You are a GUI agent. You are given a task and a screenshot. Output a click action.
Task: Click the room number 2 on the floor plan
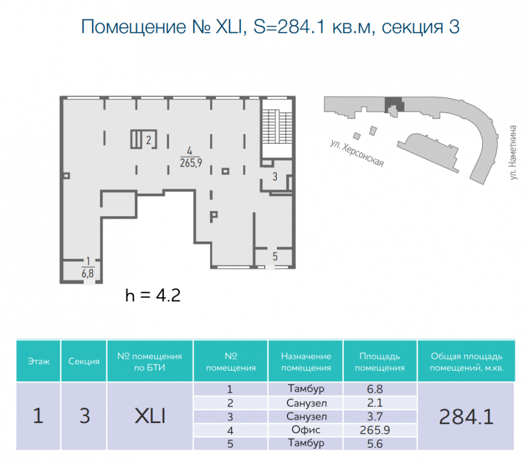148,139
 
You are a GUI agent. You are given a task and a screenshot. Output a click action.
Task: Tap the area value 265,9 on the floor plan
191,163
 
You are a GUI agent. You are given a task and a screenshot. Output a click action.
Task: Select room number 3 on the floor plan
275,176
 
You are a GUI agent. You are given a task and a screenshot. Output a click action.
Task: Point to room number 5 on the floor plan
275,256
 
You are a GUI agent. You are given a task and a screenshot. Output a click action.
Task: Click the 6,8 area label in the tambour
87,273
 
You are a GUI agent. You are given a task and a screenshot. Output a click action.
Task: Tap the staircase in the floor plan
277,127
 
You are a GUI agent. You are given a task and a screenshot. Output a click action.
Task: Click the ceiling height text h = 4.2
153,295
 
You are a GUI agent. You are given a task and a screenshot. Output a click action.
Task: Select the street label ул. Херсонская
357,153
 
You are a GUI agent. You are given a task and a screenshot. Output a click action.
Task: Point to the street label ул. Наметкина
513,152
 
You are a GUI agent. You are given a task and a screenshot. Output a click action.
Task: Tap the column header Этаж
38,362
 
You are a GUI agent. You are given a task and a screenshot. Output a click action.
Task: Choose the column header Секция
84,362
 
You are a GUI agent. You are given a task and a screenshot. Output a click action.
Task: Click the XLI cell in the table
150,416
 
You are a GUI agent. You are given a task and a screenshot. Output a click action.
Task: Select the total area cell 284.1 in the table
466,417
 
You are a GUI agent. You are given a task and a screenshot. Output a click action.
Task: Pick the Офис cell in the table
306,430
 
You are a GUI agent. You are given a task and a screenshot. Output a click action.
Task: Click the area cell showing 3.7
375,417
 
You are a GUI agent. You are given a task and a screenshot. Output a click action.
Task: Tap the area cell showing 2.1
375,403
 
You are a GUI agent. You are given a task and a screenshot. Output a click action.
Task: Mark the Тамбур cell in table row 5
306,443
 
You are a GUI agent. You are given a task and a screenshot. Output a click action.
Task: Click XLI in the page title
229,26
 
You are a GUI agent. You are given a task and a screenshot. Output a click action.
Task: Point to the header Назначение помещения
306,362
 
